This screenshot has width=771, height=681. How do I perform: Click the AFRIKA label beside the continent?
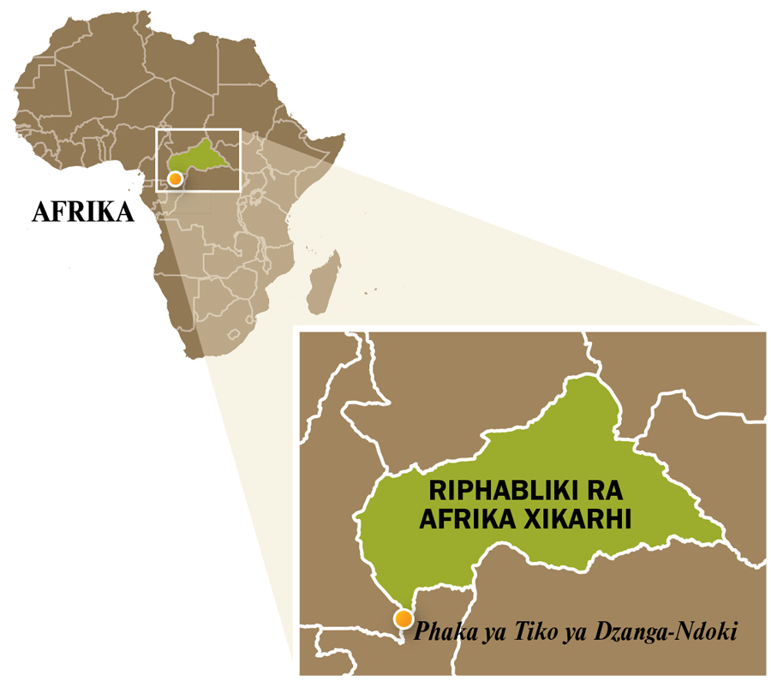(83, 212)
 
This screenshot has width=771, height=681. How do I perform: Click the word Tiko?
(525, 632)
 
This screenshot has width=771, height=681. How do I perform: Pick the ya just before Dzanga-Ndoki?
(566, 634)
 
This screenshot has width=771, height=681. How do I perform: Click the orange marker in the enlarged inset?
(402, 618)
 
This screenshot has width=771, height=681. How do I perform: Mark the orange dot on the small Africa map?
(175, 179)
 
